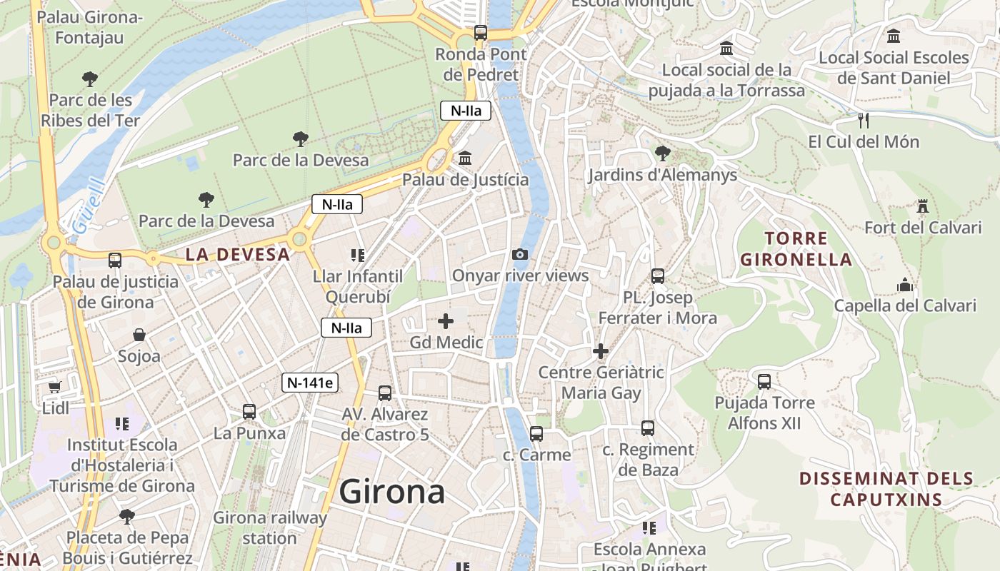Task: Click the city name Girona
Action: tap(392, 492)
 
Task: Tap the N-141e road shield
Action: tap(309, 383)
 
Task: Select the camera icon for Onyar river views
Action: tap(520, 254)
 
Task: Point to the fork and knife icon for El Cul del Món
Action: tap(863, 119)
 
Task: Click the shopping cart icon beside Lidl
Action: tap(55, 387)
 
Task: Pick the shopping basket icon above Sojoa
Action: tap(139, 334)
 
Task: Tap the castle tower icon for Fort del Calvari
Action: tap(923, 207)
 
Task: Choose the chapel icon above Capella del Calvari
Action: tap(905, 285)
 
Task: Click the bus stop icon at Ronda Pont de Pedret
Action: tap(481, 33)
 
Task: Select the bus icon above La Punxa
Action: tap(249, 411)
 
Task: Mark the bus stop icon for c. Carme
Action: tap(536, 433)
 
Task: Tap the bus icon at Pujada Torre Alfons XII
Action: tap(764, 381)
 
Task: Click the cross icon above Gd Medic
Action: tap(446, 321)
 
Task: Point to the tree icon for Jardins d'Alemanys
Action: tap(662, 153)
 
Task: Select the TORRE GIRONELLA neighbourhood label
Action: tap(796, 248)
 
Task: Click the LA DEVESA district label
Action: tap(238, 254)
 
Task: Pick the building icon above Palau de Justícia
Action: tap(465, 158)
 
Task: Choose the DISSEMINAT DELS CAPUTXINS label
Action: tap(886, 488)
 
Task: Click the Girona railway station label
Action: tap(270, 527)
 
